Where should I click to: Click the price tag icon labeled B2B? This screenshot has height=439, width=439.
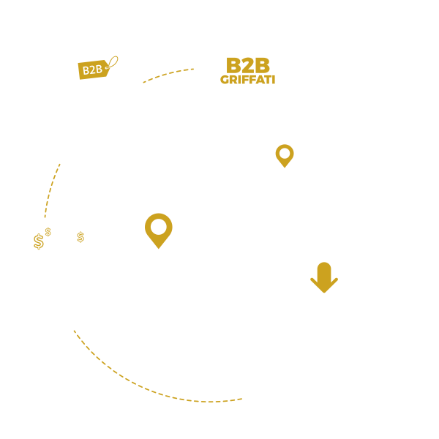[93, 70]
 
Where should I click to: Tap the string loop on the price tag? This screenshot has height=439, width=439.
[113, 61]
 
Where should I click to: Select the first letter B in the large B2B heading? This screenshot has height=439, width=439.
[233, 65]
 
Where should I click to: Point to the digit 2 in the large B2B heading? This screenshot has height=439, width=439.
[247, 65]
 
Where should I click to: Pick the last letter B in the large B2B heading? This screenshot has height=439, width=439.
[261, 65]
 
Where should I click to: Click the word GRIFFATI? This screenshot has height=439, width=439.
[247, 80]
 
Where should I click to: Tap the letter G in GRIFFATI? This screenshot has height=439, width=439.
[224, 80]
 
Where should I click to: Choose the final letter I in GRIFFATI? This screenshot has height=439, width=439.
[273, 80]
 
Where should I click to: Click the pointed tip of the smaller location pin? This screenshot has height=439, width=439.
[285, 166]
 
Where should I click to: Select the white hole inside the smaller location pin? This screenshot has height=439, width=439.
[285, 153]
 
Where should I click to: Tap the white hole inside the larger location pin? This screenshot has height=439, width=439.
[158, 226]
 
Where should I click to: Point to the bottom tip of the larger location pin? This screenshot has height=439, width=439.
[158, 247]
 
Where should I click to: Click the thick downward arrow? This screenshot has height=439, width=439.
[324, 277]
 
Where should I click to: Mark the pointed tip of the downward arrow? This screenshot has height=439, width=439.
[324, 292]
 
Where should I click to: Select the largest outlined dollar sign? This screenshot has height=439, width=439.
[39, 241]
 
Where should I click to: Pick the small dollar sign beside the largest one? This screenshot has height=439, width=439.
[48, 232]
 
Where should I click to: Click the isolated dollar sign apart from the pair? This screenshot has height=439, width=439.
[80, 237]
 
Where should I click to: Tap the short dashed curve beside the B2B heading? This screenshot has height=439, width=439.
[168, 74]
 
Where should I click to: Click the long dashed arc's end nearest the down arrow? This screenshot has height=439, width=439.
[244, 399]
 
